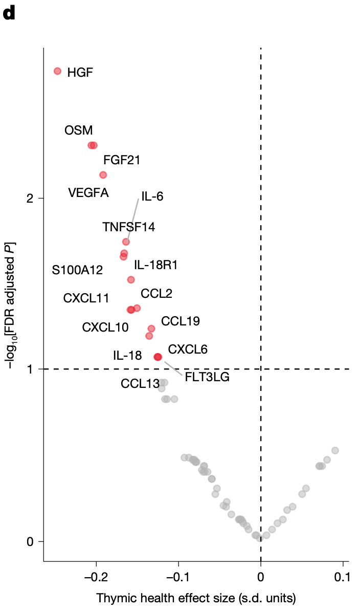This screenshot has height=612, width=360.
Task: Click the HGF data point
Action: coord(57,71)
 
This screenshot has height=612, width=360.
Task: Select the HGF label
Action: coord(80,72)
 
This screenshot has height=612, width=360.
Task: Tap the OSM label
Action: coord(79,130)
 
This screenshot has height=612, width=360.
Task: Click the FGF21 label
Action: coord(122,160)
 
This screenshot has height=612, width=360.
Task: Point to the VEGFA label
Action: coord(88,193)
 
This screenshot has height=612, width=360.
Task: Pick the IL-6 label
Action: coord(152,196)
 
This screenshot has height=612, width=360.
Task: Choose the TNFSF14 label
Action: coord(128,226)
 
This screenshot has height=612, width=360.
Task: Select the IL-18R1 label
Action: coord(156,265)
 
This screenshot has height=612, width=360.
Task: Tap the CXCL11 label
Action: coord(86,298)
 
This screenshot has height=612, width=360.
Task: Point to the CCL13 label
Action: coord(140,383)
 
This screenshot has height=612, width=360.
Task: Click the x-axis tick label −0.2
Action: coord(96,577)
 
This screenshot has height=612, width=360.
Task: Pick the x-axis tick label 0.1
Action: coord(342,577)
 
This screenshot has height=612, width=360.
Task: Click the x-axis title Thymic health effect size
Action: coord(196,598)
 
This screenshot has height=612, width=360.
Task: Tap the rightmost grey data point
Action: coord(335,450)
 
